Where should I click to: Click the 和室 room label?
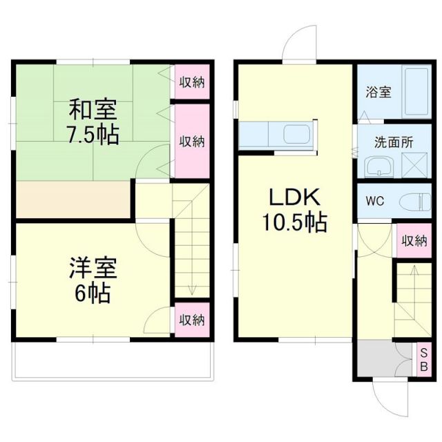[92, 109]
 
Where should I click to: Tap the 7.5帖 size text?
[92, 134]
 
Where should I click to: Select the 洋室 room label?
[92, 267]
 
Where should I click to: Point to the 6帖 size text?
[92, 294]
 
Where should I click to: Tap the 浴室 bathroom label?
[378, 92]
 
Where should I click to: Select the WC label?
[375, 202]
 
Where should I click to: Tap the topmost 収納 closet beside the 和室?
[192, 82]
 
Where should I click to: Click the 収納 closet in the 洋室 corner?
[192, 319]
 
